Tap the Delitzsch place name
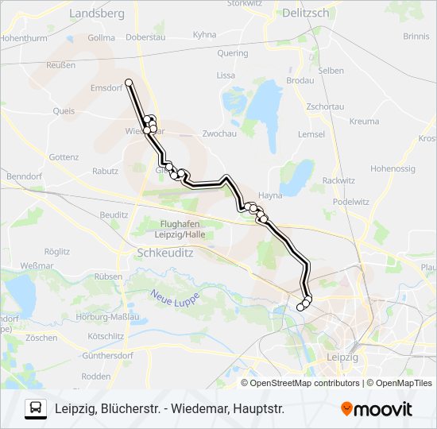(306, 13)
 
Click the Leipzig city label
(342, 357)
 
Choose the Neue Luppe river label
(174, 300)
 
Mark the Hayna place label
(271, 195)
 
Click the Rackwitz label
(338, 180)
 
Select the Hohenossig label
(393, 168)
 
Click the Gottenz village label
(64, 157)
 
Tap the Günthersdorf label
(106, 355)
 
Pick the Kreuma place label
(364, 122)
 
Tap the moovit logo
(377, 408)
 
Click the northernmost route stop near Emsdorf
(129, 82)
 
